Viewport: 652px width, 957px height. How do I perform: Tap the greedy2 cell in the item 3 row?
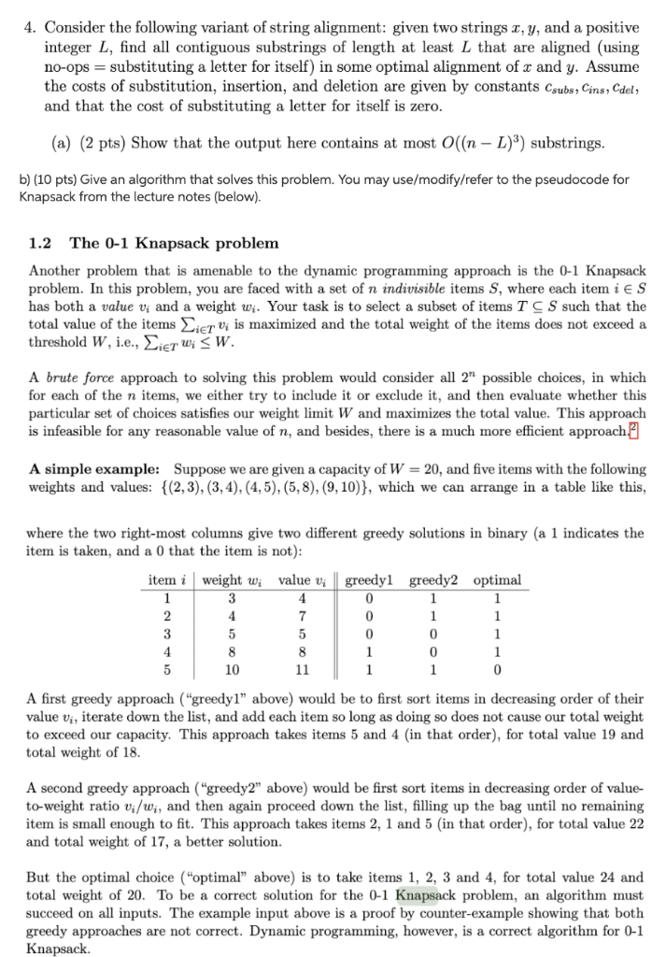pos(432,635)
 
